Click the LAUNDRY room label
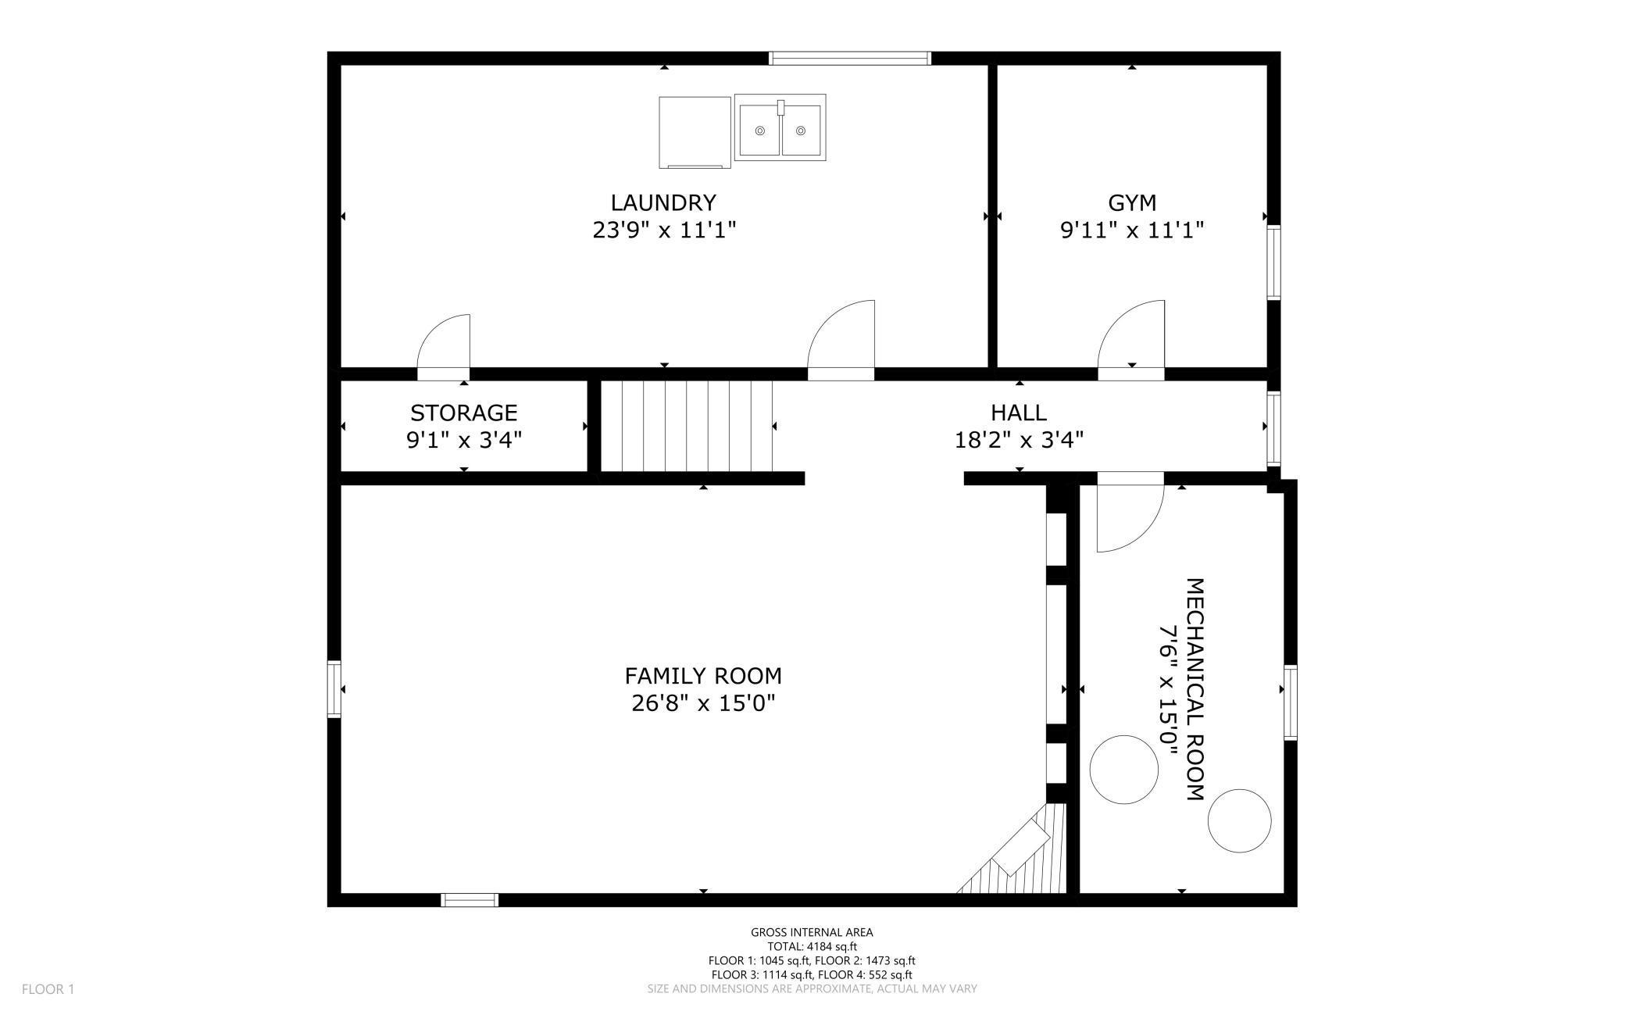(663, 203)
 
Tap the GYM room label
(1132, 203)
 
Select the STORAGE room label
(464, 413)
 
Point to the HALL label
(1019, 413)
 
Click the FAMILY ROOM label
(703, 676)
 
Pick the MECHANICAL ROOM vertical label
(1195, 689)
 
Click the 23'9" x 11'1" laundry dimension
(664, 231)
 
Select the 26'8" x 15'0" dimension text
(703, 703)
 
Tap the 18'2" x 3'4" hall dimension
(1019, 441)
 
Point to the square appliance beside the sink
(695, 132)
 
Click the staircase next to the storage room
(687, 426)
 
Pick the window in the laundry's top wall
(850, 58)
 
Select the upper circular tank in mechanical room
(1124, 768)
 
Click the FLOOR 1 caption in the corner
(48, 989)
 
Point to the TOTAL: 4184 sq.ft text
(812, 946)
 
